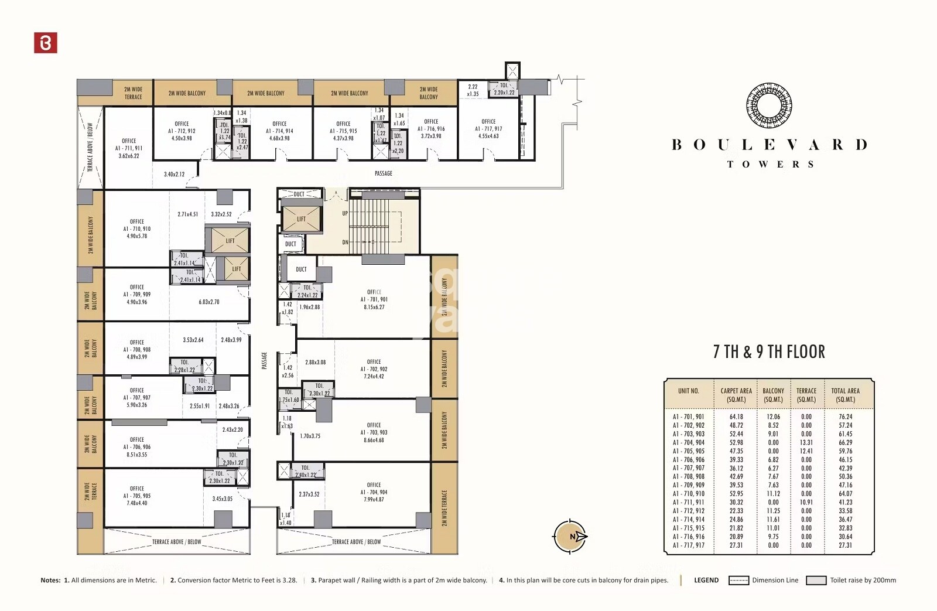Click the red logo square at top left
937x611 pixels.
point(46,43)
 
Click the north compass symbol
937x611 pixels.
point(570,536)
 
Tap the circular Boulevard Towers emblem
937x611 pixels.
point(769,106)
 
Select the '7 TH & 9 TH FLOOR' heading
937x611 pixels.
point(769,352)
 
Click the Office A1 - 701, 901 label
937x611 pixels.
point(374,299)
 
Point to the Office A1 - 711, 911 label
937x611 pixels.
point(129,148)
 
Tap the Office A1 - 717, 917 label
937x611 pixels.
point(488,128)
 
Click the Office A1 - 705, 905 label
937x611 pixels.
point(136,496)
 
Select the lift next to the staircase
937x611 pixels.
point(301,219)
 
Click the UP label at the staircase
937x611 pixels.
point(345,213)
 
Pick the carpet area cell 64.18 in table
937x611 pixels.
point(736,417)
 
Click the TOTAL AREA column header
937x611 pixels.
point(845,395)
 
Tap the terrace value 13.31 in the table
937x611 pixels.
point(806,443)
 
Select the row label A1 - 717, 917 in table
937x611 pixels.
point(689,545)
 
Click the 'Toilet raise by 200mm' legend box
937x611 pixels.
point(816,581)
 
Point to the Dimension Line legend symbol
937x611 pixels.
point(738,581)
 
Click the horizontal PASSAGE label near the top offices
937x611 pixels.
point(384,173)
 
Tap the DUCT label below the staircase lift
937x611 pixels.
point(290,244)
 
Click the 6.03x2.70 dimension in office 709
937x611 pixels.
point(209,302)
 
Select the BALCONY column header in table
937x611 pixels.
point(773,395)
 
